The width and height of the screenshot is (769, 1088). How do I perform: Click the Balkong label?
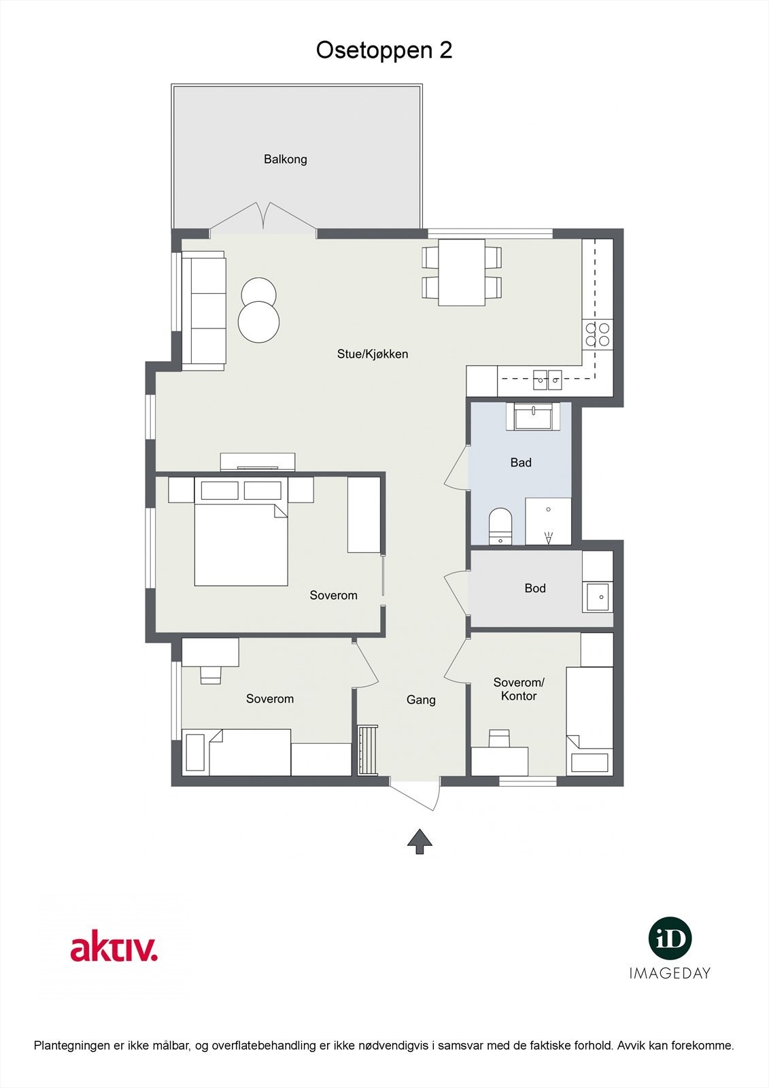(x=286, y=159)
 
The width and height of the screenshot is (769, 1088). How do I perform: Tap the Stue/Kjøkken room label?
(x=373, y=354)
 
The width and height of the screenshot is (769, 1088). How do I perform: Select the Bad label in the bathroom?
(x=521, y=462)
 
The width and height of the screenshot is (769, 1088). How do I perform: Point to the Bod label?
(x=535, y=588)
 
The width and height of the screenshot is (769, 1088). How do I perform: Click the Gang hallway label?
(x=421, y=700)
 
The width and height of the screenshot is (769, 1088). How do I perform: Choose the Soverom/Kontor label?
(x=519, y=689)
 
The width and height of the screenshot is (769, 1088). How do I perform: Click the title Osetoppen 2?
(x=384, y=50)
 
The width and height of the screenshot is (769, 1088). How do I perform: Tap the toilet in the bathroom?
(x=500, y=526)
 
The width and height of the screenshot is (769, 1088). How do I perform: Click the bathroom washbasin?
(x=534, y=416)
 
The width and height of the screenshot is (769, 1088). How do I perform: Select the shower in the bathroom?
(x=548, y=521)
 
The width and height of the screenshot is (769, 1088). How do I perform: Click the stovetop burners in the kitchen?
(x=597, y=335)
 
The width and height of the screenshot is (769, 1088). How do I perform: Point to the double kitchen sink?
(x=547, y=379)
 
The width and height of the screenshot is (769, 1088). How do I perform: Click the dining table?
(x=462, y=272)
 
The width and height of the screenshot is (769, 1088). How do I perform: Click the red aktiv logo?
(x=114, y=948)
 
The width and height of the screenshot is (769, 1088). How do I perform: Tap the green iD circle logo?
(x=670, y=938)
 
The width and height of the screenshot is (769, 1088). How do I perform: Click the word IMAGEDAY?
(x=670, y=973)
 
